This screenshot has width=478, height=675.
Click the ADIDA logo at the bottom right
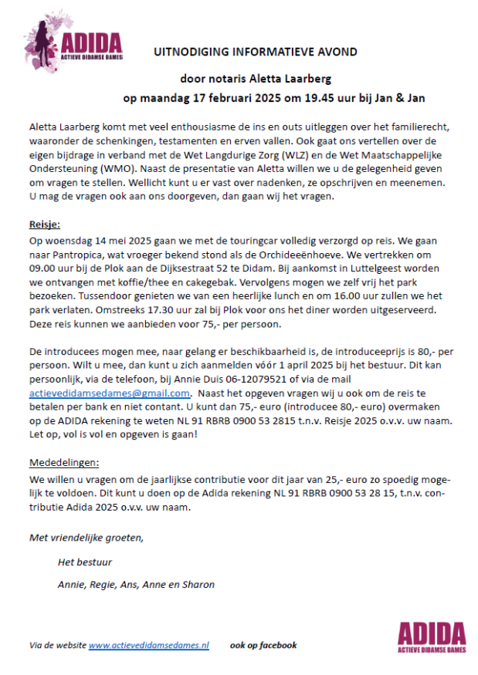click(x=432, y=636)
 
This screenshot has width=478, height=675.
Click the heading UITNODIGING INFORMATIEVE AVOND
click(x=256, y=52)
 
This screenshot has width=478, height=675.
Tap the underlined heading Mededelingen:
click(x=65, y=462)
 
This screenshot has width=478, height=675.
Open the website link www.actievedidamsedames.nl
click(x=149, y=645)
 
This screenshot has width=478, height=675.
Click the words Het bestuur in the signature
click(x=85, y=562)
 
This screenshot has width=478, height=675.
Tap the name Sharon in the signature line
click(x=198, y=584)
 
